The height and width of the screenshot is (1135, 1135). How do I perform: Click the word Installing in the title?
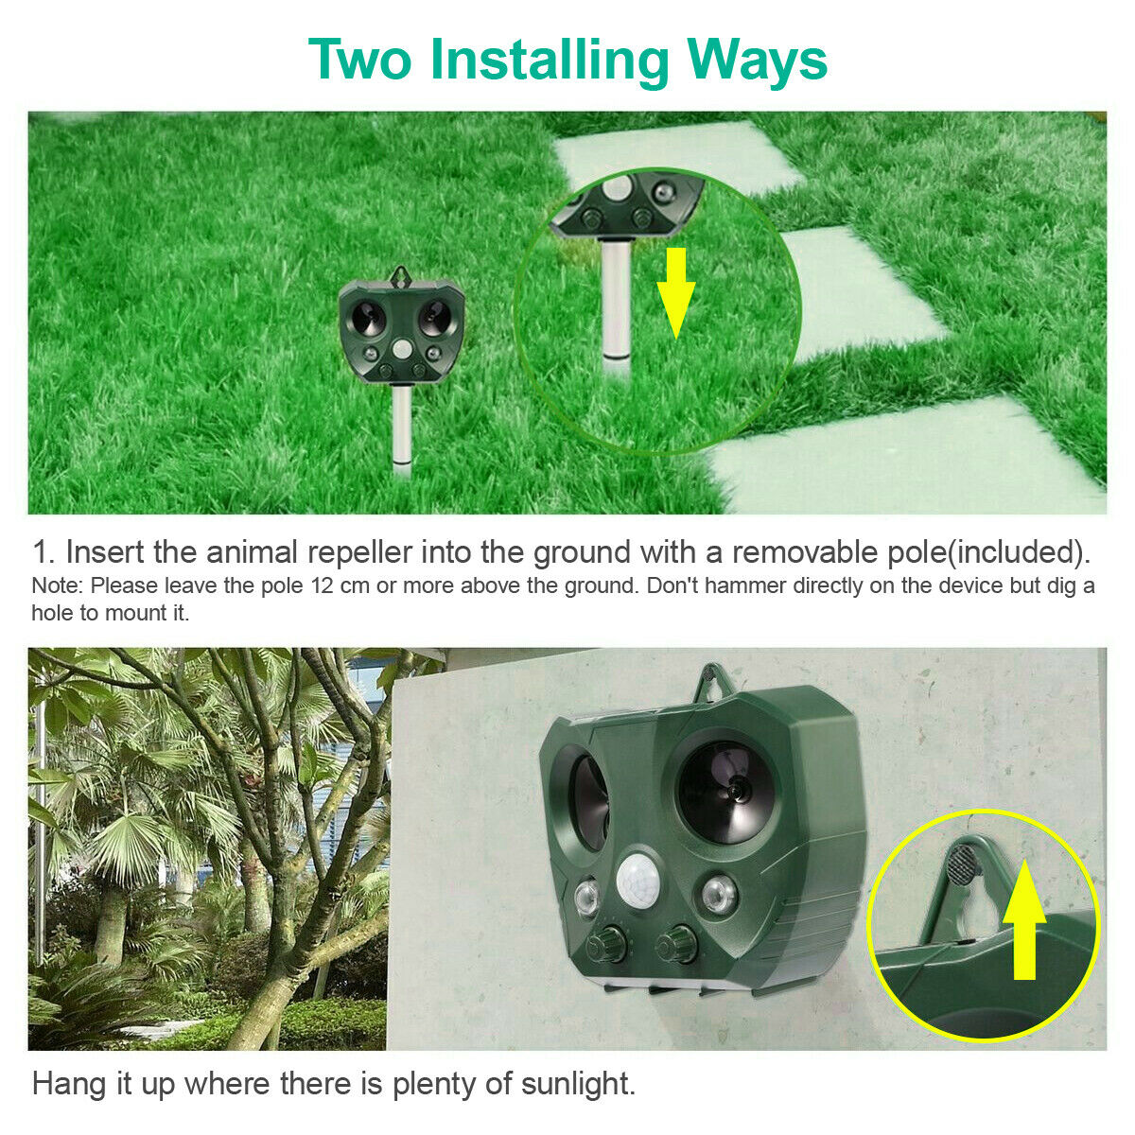(x=550, y=61)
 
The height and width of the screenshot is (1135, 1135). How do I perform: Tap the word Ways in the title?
(x=757, y=61)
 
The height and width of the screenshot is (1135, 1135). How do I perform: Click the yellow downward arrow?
(x=676, y=292)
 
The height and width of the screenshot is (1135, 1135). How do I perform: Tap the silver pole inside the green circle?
(x=616, y=309)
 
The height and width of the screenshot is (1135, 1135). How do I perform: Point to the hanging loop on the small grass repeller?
(x=402, y=275)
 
